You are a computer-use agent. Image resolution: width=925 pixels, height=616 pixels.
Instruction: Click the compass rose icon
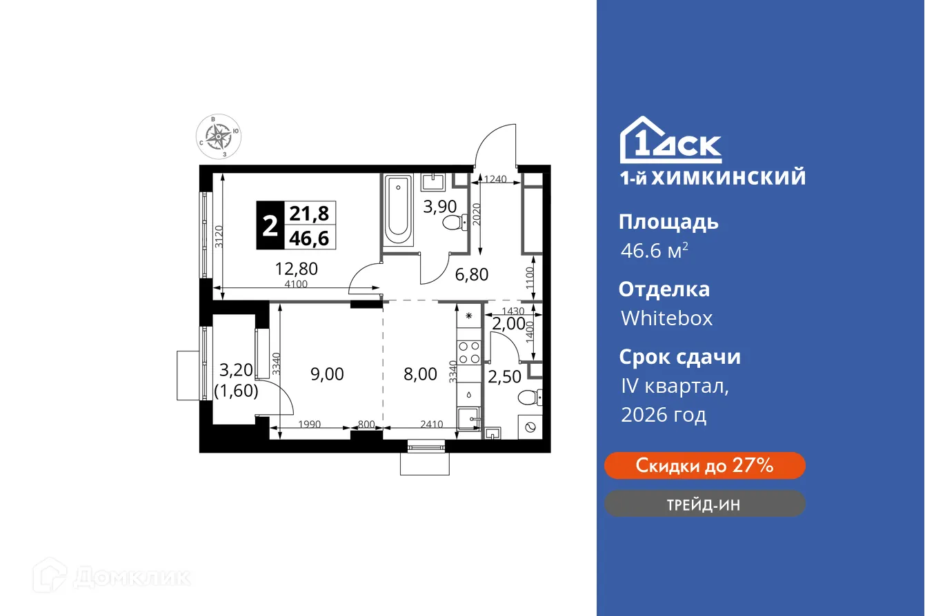pyautogui.click(x=219, y=137)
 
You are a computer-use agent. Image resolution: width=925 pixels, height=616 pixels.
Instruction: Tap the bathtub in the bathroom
pyautogui.click(x=398, y=210)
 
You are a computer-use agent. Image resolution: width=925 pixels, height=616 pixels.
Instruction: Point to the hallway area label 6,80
pyautogui.click(x=471, y=274)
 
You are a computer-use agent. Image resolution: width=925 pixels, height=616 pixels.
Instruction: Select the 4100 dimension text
pyautogui.click(x=296, y=284)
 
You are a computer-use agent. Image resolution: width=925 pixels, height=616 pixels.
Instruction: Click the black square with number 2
pyautogui.click(x=269, y=225)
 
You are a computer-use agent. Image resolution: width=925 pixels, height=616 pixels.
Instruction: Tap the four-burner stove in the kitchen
pyautogui.click(x=469, y=352)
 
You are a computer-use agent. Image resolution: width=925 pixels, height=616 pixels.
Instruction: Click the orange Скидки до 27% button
pyautogui.click(x=704, y=466)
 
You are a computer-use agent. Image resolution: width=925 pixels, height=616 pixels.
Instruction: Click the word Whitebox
pyautogui.click(x=666, y=318)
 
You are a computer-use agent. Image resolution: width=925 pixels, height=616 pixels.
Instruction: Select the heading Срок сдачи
pyautogui.click(x=679, y=357)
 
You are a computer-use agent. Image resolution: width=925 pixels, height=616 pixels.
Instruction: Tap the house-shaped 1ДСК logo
pyautogui.click(x=670, y=141)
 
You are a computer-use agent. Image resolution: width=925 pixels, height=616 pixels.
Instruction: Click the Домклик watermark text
pyautogui.click(x=131, y=577)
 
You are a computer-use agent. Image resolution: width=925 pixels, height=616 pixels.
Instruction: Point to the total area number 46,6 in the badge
pyautogui.click(x=310, y=238)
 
